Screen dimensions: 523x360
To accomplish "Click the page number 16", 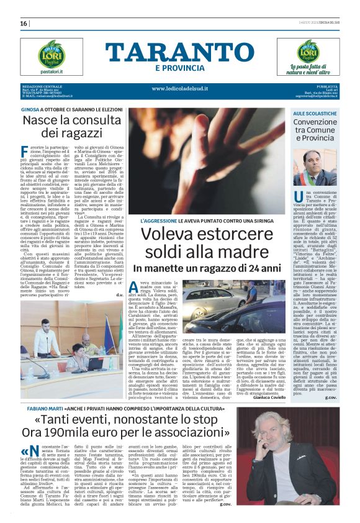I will coord(24,24).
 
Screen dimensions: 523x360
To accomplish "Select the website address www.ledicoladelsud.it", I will coord(179,88).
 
